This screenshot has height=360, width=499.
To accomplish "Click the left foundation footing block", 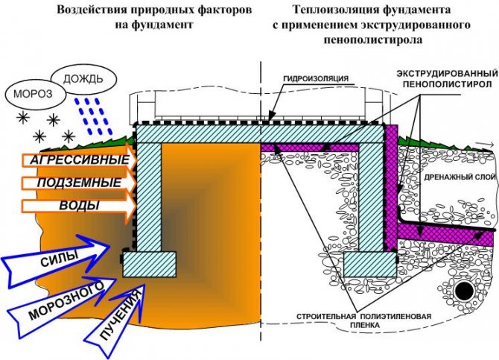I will coord(149,285).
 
